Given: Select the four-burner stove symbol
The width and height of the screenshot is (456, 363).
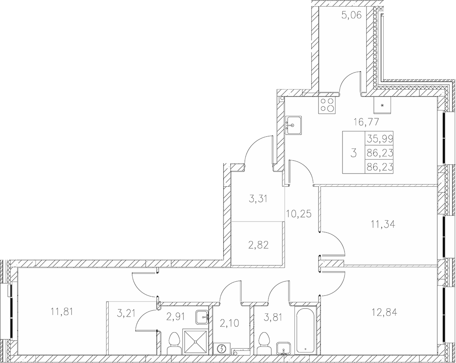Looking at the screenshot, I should point(327,104).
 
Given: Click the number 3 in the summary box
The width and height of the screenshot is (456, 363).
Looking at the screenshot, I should point(353,153).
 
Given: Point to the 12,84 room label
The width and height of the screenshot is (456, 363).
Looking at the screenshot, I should point(384,313).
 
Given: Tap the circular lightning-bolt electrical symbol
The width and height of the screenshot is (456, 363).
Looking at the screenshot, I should point(222,348).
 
